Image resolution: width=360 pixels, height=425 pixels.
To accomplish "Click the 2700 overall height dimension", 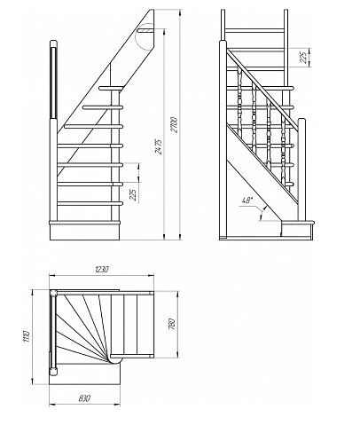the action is click(175, 125).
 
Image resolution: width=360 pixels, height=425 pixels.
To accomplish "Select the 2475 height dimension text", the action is click(159, 146).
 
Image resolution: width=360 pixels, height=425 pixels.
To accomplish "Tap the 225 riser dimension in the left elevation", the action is click(134, 195).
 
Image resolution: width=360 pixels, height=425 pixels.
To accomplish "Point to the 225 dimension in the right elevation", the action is click(303, 58).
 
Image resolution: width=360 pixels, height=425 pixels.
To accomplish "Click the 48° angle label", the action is click(247, 201).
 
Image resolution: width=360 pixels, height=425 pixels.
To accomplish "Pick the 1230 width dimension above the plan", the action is click(102, 269).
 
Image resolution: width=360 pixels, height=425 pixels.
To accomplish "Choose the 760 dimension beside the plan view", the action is click(171, 324).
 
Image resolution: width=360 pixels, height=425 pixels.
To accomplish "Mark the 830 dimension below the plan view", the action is click(84, 398).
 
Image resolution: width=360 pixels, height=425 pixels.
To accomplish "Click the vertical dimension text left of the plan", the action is click(27, 336).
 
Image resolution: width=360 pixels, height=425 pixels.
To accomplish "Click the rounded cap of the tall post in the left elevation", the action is click(53, 43).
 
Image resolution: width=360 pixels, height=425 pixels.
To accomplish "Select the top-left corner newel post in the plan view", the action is click(53, 294).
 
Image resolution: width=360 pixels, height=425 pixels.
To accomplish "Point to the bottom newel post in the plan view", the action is click(53, 372).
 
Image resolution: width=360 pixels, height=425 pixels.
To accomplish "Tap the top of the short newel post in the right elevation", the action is click(301, 120).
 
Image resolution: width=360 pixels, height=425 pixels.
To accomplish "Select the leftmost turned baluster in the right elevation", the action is click(239, 103).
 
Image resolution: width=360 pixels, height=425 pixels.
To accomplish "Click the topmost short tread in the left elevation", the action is click(111, 88).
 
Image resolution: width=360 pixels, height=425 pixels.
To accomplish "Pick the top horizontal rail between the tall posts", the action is click(254, 31).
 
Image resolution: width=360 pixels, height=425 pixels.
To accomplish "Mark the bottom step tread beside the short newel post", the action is click(298, 222).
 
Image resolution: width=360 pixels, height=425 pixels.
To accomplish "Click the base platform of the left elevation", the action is click(84, 232).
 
